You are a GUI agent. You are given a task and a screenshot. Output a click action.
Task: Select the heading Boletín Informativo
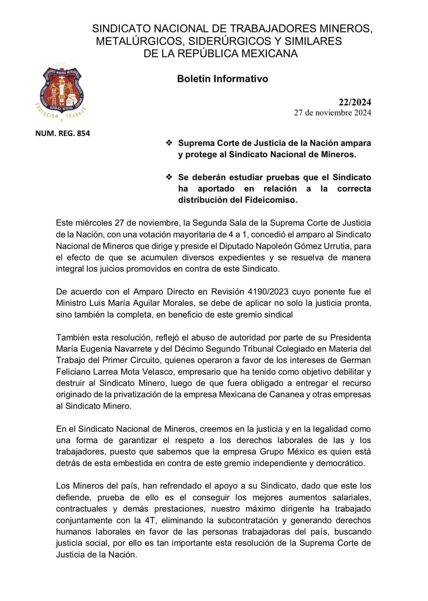222,78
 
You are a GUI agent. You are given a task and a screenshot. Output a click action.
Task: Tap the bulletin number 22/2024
355,102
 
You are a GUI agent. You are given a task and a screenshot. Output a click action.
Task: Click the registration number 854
83,133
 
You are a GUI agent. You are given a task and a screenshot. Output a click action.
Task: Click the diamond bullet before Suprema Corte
169,143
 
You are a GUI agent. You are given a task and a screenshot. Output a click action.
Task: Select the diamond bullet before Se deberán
169,177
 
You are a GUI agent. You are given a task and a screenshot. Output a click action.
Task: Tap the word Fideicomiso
273,200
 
